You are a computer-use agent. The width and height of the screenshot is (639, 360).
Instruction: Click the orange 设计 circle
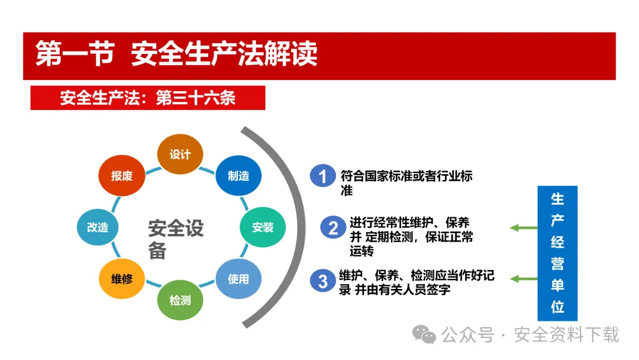click(180, 154)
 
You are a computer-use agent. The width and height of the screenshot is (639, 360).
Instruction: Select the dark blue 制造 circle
click(238, 176)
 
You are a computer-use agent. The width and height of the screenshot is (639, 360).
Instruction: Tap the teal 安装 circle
click(263, 227)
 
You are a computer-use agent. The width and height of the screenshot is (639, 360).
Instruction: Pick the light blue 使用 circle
click(238, 279)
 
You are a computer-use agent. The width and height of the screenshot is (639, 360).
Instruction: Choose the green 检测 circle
click(180, 300)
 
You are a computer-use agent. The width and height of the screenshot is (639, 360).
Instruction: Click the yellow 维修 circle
click(122, 279)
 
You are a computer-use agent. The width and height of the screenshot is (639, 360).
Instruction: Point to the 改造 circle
click(98, 227)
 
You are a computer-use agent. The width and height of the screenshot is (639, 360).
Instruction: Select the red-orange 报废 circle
click(122, 176)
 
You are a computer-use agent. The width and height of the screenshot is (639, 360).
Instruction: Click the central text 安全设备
click(176, 239)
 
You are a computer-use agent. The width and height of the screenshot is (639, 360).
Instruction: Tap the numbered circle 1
click(323, 176)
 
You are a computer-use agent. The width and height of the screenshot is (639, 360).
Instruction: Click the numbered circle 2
click(333, 227)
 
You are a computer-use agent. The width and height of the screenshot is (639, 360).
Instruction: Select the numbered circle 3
click(323, 281)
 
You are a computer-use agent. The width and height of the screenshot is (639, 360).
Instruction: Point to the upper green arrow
click(524, 227)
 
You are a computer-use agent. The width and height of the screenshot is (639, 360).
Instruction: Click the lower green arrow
click(524, 279)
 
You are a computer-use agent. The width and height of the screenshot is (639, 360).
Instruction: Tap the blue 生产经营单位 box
click(557, 253)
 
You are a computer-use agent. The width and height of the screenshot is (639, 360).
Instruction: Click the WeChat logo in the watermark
click(424, 335)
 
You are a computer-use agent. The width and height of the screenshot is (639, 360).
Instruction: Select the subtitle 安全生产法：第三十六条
click(148, 98)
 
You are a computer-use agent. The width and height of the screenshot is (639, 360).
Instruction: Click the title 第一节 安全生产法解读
click(176, 53)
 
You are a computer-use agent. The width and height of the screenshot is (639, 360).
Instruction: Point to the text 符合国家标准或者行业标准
click(406, 183)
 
